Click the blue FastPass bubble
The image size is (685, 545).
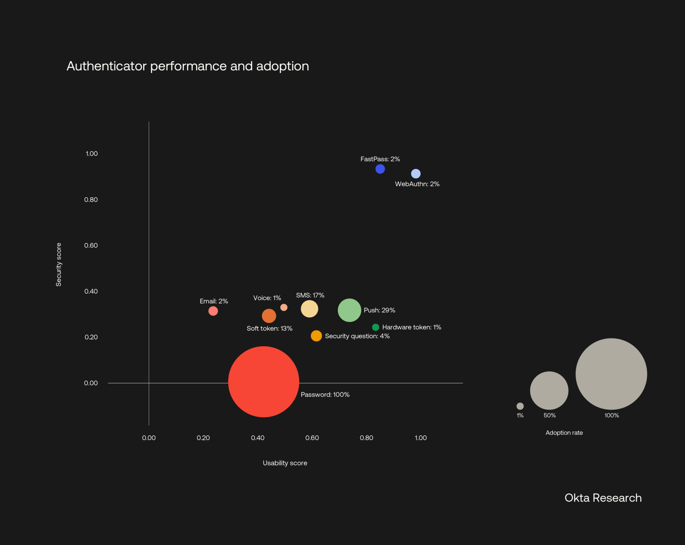[x=380, y=169]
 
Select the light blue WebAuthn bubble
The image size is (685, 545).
[x=416, y=174]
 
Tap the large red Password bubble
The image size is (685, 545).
[x=264, y=382]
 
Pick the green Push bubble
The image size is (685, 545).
[x=349, y=310]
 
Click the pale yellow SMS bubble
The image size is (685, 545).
[x=310, y=309]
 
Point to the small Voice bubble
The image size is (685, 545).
[x=284, y=307]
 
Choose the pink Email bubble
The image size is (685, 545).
[x=213, y=311]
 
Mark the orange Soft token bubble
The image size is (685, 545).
[x=269, y=316]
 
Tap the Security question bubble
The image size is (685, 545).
[x=316, y=336]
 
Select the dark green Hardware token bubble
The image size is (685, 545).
[x=375, y=327]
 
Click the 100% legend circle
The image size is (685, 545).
[x=611, y=374]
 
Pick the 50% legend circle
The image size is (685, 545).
[x=549, y=390]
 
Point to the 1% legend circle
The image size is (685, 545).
[x=520, y=406]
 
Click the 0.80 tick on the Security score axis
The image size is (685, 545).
[x=91, y=200]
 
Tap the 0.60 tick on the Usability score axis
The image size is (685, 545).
[x=312, y=438]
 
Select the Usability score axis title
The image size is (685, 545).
[x=285, y=463]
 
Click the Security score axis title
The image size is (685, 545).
[x=59, y=264]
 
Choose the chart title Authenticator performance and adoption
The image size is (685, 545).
[x=188, y=66]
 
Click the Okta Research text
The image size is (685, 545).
[x=603, y=498]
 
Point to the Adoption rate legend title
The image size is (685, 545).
[x=564, y=433]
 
